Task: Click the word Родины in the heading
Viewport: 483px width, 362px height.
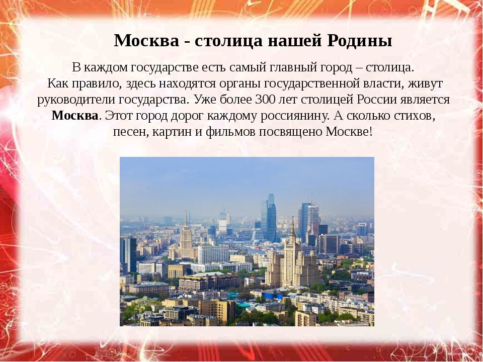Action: click(x=359, y=41)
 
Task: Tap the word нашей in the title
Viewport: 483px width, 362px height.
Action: click(x=293, y=41)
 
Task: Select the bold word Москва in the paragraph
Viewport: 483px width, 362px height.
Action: click(x=75, y=116)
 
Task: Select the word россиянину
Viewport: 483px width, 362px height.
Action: click(x=296, y=116)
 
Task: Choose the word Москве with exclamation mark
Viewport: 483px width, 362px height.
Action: click(x=349, y=132)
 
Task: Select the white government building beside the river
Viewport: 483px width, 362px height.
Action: click(x=213, y=254)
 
